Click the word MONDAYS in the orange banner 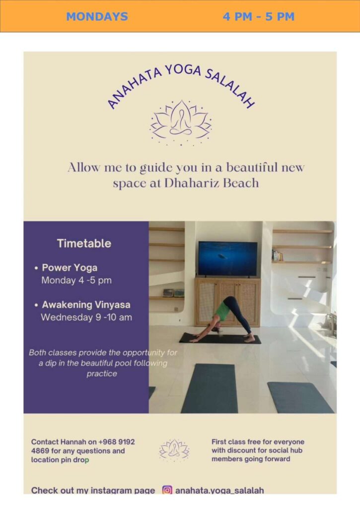[x=97, y=16]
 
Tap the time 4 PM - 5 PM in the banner [x=258, y=16]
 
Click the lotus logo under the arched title [x=181, y=122]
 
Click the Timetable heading [x=84, y=244]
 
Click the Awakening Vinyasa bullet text [x=86, y=305]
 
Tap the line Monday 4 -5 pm [x=76, y=280]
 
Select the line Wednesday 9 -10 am [x=86, y=317]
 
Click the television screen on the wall [x=227, y=258]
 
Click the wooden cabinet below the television [x=227, y=301]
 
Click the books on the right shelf [x=278, y=255]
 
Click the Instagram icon [x=168, y=490]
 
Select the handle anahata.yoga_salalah [x=219, y=490]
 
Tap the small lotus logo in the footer [x=174, y=450]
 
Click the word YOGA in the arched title [x=182, y=70]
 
